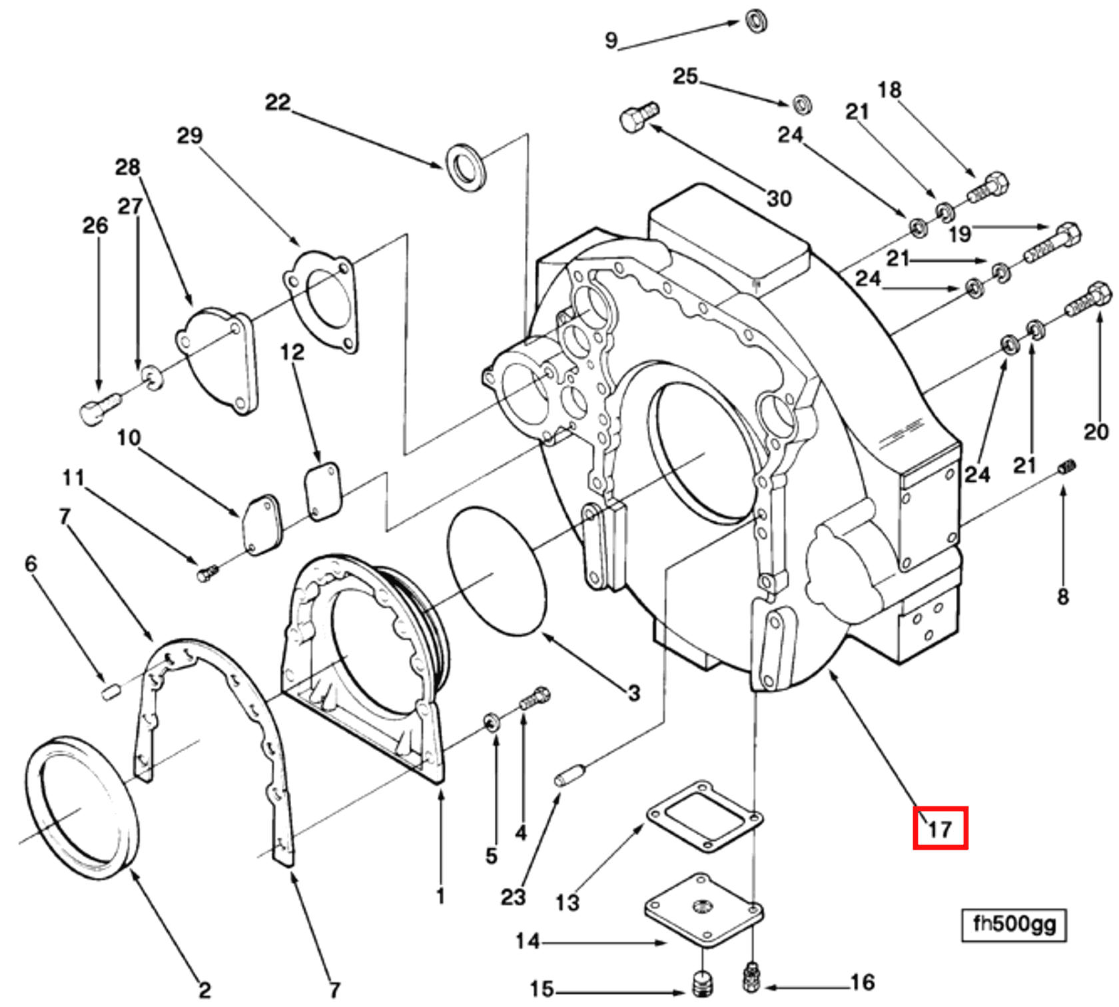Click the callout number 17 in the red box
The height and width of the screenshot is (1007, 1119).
(x=939, y=828)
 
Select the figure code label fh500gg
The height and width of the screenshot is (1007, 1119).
(x=1014, y=924)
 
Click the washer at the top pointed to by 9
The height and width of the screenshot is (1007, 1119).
(x=757, y=21)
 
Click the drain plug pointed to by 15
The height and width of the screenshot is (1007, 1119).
(x=702, y=983)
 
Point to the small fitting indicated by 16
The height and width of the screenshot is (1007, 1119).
(x=751, y=976)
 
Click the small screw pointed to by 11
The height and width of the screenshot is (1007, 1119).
(x=207, y=572)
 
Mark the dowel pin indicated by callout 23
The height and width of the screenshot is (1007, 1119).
(x=569, y=776)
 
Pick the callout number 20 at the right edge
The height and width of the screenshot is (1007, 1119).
(x=1096, y=432)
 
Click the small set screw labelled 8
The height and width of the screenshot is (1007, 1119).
(x=1066, y=469)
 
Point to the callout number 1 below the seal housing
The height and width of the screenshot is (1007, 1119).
(x=440, y=896)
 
